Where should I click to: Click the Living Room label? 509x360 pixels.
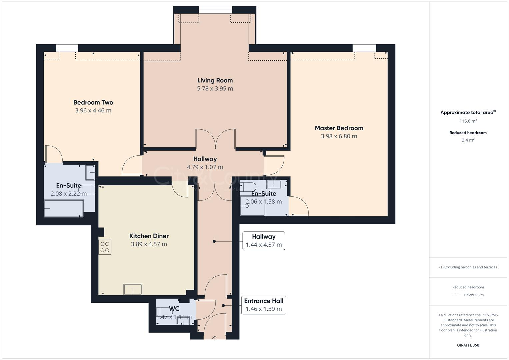215,80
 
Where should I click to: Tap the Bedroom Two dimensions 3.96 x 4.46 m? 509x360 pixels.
93,111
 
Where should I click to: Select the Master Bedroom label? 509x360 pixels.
339,128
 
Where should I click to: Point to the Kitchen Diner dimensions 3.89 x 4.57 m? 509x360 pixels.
149,244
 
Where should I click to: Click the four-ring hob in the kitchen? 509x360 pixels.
105,247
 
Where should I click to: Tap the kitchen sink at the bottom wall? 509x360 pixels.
133,289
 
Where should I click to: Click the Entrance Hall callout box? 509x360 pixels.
264,305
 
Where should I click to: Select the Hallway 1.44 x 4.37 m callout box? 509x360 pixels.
264,241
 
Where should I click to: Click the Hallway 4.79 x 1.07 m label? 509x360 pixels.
205,159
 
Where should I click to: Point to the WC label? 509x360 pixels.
174,309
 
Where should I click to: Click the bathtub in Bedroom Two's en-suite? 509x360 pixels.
64,208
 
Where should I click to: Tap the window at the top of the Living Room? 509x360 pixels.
215,10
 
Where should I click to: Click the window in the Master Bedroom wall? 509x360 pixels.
364,48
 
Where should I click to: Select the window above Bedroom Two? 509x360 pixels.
67,48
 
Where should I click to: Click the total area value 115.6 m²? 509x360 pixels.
468,121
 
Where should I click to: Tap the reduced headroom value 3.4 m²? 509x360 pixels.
468,140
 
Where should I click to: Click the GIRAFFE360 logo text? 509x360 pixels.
468,345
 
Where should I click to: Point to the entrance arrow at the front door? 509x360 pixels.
215,338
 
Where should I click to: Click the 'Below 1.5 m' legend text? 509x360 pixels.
474,295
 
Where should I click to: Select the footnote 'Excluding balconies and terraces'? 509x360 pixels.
468,267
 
